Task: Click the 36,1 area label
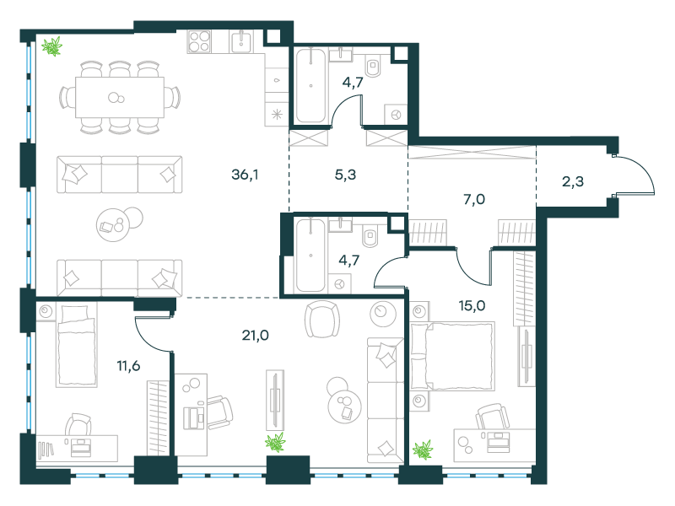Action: [x=245, y=175]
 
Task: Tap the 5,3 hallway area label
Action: [x=345, y=175]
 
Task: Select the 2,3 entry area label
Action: [x=573, y=181]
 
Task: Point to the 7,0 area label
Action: [x=474, y=199]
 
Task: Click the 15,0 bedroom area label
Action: [x=472, y=306]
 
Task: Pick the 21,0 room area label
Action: [x=256, y=335]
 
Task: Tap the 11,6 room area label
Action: [x=128, y=366]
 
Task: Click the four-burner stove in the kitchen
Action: [x=199, y=41]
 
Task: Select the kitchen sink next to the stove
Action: [x=242, y=41]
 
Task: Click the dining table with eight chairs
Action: [x=120, y=97]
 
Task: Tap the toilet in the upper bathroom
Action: [x=373, y=67]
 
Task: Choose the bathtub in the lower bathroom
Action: [x=310, y=256]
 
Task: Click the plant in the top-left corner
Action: [x=52, y=46]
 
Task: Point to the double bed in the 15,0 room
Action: [x=452, y=356]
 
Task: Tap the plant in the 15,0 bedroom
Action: [x=423, y=449]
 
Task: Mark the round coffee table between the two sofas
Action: [x=119, y=224]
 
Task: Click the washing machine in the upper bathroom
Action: [x=396, y=115]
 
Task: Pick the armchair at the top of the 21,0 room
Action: [x=322, y=319]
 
